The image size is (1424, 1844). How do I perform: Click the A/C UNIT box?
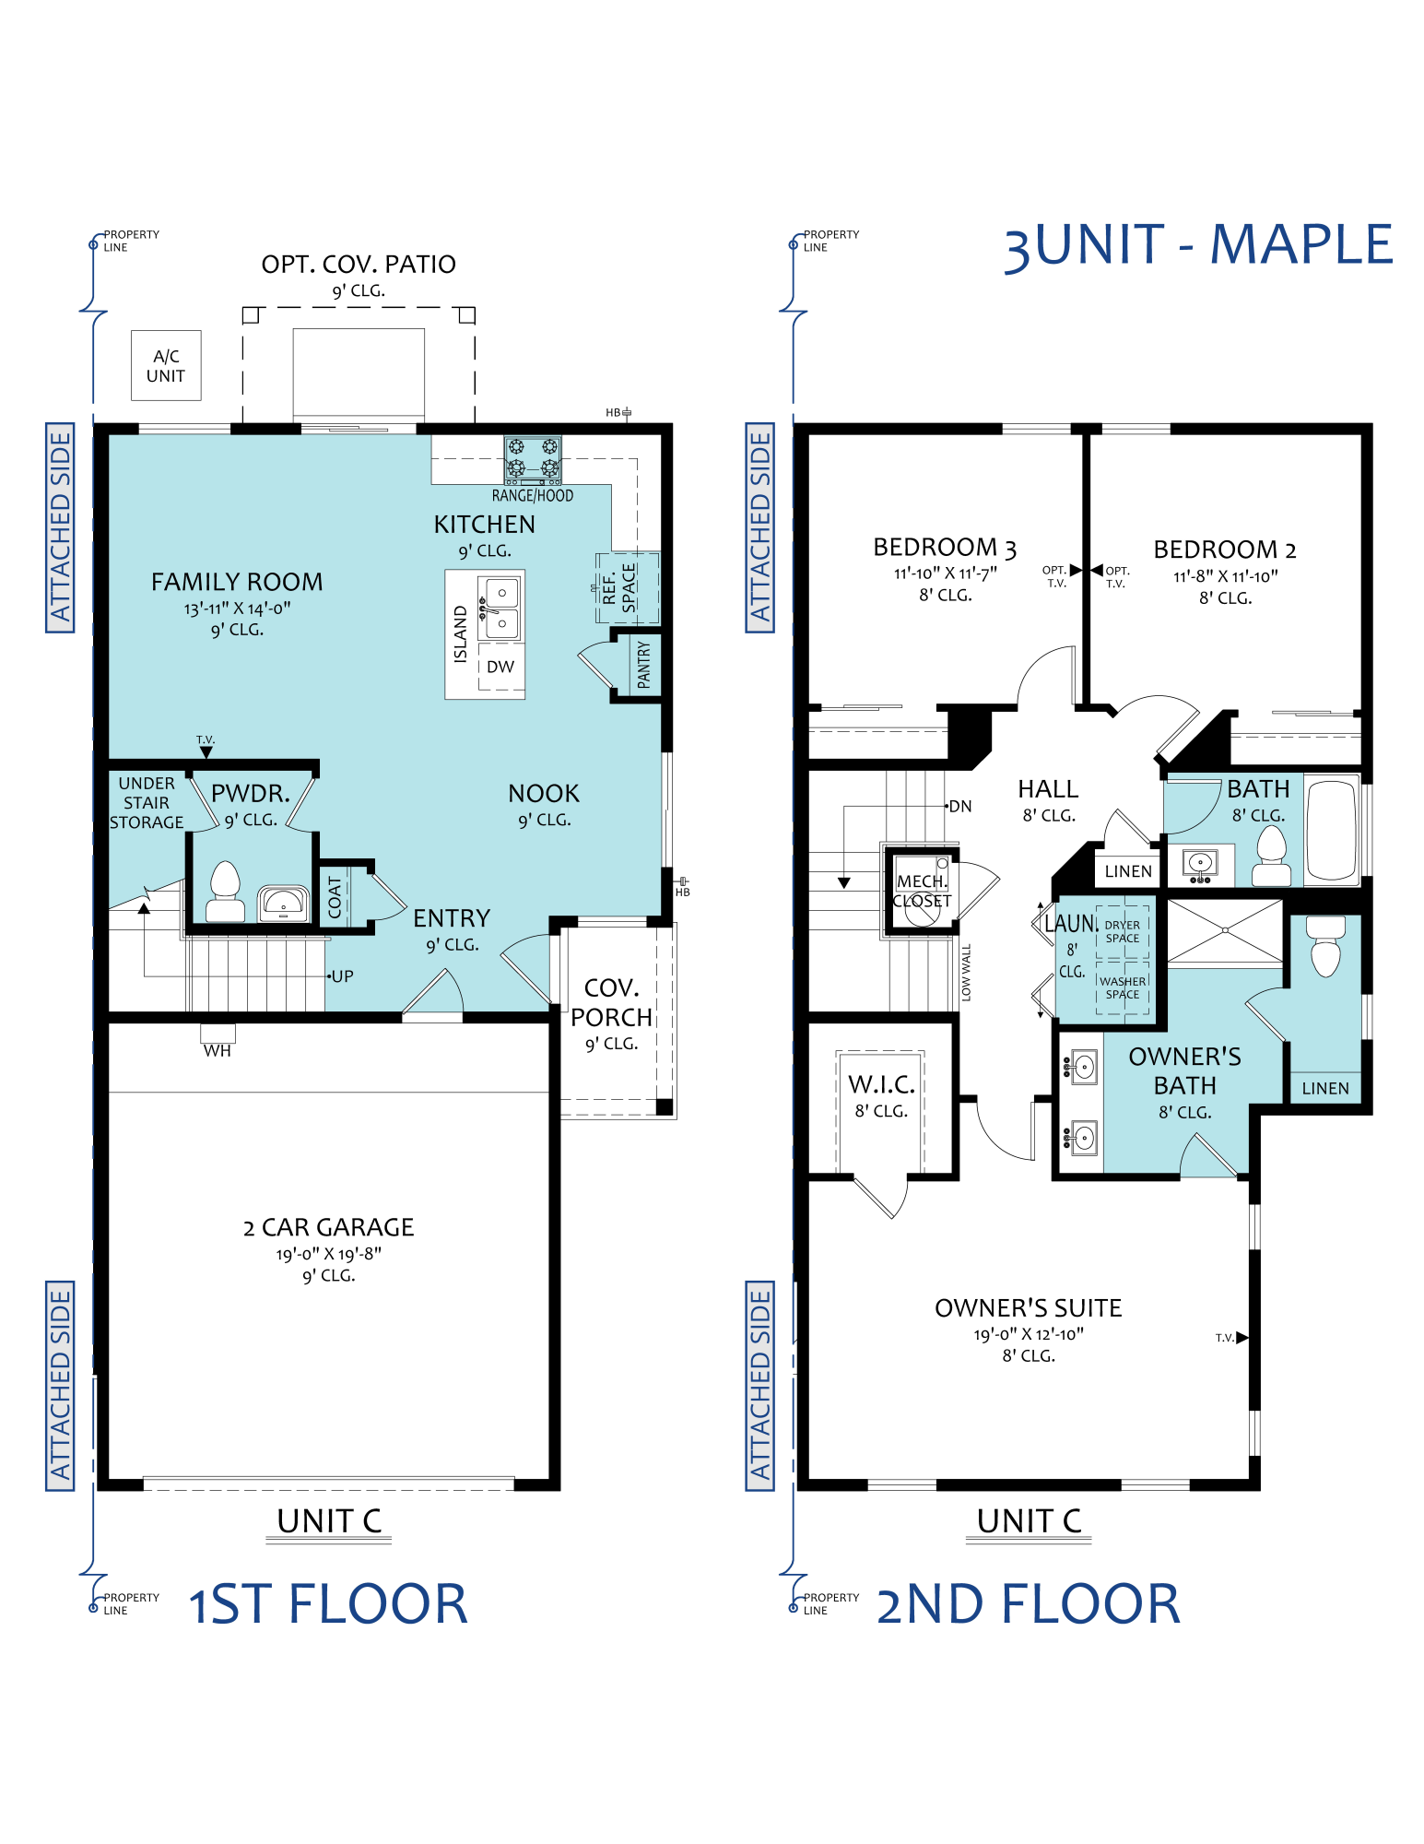[x=166, y=365]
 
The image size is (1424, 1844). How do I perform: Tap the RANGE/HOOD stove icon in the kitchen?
[x=533, y=460]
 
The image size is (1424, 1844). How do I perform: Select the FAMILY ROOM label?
[x=237, y=583]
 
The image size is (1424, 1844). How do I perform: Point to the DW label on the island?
[x=500, y=667]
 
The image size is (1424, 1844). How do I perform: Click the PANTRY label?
[x=643, y=666]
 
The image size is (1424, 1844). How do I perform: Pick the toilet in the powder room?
[x=225, y=892]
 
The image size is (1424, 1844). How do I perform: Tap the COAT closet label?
[x=335, y=896]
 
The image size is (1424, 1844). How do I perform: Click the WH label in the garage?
[x=218, y=1050]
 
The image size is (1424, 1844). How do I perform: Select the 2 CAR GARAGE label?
[x=329, y=1228]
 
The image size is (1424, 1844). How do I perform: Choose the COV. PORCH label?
[x=612, y=1003]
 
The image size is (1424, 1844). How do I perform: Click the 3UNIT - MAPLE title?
[x=1198, y=246]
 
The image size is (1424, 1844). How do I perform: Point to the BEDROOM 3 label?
[x=945, y=549]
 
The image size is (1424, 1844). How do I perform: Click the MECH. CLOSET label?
[x=922, y=891]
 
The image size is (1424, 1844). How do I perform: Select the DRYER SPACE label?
[x=1123, y=931]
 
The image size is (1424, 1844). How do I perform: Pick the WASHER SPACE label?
[x=1123, y=988]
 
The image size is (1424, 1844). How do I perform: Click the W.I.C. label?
[x=882, y=1084]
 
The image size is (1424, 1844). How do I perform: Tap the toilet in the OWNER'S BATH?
[x=1325, y=946]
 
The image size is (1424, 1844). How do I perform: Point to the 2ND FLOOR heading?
[x=1028, y=1604]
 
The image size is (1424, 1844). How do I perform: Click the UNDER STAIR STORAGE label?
[x=147, y=803]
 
